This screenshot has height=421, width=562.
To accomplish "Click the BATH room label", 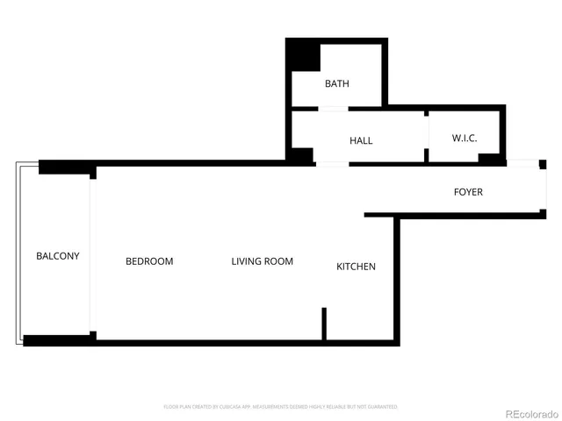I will [x=337, y=84].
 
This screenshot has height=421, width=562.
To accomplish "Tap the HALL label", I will [x=361, y=140].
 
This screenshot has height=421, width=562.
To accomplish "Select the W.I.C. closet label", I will [x=464, y=139].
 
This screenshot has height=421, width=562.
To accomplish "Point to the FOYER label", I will [x=467, y=192].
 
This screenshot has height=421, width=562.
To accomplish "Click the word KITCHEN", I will [x=357, y=267].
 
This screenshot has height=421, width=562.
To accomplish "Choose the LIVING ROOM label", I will [x=262, y=261].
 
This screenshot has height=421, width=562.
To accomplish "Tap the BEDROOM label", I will [x=149, y=261].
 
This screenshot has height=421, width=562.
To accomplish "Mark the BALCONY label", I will [x=58, y=256].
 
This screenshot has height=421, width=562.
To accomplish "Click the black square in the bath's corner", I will [x=305, y=56].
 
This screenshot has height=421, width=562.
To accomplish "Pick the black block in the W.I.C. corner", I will [x=488, y=159].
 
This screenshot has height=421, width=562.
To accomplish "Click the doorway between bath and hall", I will [x=333, y=109].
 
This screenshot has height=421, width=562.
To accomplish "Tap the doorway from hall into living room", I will [x=331, y=164].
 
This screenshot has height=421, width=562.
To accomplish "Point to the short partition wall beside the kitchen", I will [x=324, y=324].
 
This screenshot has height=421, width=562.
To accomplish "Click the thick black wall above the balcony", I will [x=66, y=168].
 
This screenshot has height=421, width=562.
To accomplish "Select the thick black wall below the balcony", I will [x=58, y=340].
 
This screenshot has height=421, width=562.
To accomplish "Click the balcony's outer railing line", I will [x=16, y=254].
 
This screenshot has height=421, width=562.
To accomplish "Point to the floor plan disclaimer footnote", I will [x=281, y=407].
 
